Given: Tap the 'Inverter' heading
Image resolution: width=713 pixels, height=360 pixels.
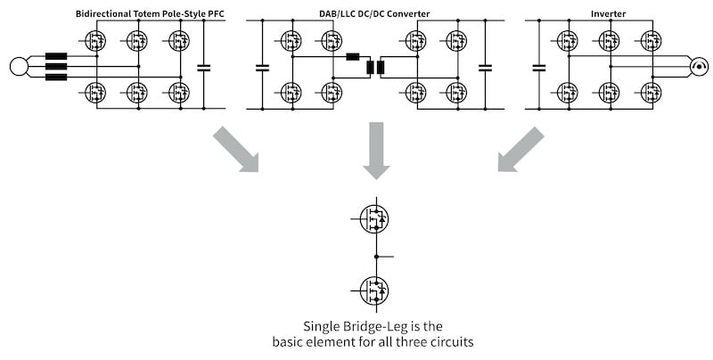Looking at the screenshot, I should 610,13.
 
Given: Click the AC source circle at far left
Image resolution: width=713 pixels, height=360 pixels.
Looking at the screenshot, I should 19,66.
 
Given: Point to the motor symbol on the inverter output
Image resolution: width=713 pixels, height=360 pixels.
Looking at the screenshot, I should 699,66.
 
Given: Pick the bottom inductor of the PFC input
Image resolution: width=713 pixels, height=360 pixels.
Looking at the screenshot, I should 56,77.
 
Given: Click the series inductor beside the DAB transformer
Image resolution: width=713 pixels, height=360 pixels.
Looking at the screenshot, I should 352,57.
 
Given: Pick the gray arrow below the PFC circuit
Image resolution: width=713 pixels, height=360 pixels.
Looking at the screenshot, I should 235,149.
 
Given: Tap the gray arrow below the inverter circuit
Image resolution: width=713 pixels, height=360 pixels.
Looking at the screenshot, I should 520,149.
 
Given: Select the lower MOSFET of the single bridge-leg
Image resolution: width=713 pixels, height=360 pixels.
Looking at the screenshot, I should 374,289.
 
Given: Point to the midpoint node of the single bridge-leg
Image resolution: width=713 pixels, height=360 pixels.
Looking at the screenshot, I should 376,256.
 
